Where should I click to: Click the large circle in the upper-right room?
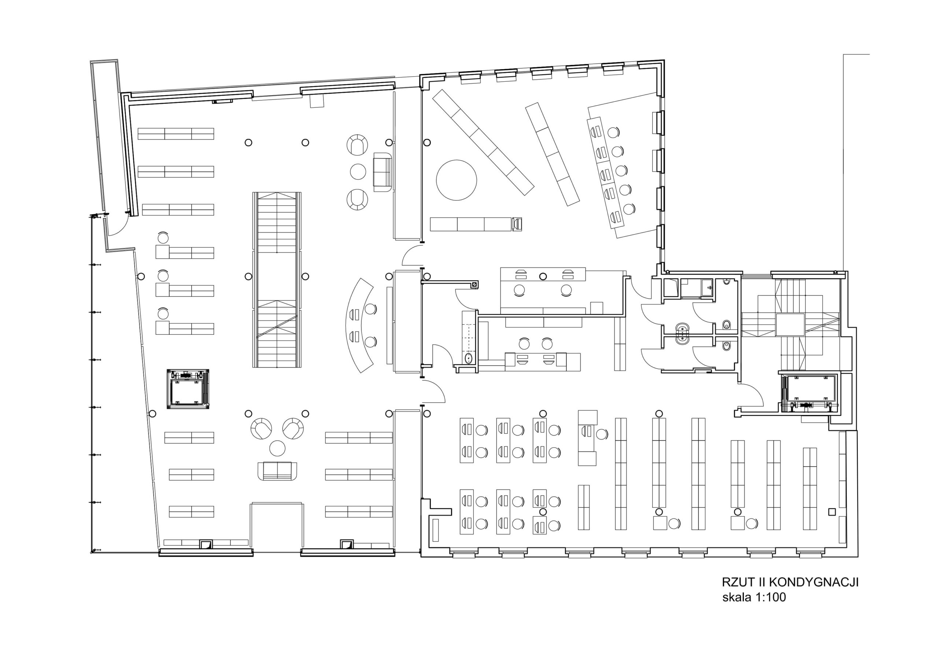[456, 180]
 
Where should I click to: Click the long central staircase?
[277, 280]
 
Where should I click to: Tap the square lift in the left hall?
[188, 389]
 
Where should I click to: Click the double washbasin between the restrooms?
[683, 333]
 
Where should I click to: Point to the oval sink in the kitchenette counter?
[469, 359]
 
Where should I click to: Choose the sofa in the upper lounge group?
[383, 173]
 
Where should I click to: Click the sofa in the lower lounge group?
[277, 471]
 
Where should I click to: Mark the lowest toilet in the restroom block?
[726, 346]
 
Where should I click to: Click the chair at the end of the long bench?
[517, 224]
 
